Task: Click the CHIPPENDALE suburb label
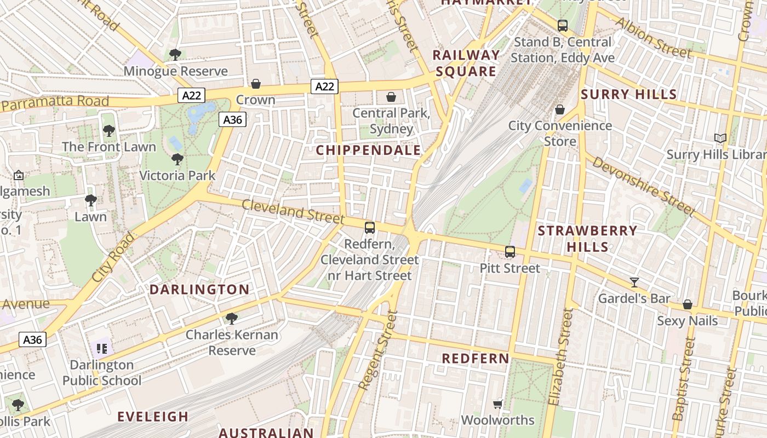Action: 368,151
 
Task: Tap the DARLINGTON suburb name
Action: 199,290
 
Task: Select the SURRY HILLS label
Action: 628,95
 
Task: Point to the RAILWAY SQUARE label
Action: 466,63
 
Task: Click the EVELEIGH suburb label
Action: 153,417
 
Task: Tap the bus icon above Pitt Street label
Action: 510,252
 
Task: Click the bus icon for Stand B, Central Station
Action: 562,25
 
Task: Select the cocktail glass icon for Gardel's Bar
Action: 634,283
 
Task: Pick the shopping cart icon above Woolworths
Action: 497,404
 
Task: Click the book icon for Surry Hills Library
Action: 720,139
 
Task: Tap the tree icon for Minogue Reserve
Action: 175,54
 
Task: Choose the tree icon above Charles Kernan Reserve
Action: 232,318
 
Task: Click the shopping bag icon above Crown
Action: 255,84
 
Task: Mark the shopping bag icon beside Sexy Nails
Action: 687,304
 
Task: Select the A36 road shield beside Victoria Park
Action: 232,119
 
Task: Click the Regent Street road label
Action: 377,350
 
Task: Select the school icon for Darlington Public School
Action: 101,348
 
